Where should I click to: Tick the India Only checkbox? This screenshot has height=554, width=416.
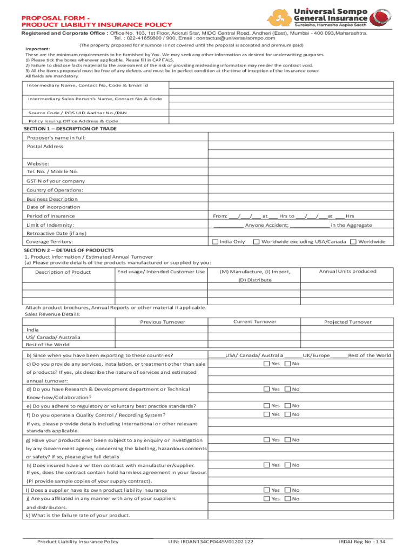point(215,241)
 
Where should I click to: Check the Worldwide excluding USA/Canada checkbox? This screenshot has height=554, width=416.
point(257,241)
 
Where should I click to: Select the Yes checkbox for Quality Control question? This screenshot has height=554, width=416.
point(266,414)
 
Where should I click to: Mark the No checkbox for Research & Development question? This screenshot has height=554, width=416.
point(287,389)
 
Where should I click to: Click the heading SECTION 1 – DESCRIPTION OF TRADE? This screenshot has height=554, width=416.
point(70,129)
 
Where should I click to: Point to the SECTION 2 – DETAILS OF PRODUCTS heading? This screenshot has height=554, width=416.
point(69,250)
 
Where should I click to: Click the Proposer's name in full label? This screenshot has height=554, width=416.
point(56,138)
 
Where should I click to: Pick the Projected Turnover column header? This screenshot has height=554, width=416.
point(347,322)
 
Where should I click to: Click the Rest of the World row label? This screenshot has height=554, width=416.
point(47,345)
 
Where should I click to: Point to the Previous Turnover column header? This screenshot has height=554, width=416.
point(163,322)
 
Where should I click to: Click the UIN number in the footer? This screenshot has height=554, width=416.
point(211,542)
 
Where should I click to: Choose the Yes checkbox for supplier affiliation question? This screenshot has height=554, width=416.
point(266,499)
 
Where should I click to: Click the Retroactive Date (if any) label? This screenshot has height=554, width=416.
point(56,233)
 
